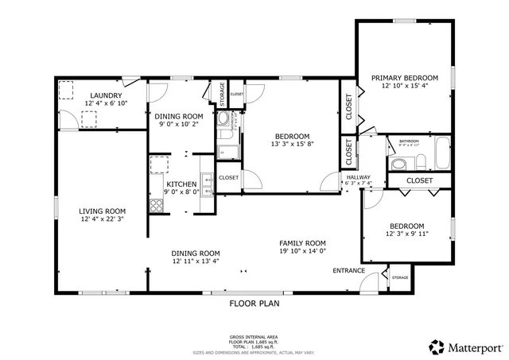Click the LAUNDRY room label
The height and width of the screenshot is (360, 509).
105,95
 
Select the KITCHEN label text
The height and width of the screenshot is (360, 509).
181,184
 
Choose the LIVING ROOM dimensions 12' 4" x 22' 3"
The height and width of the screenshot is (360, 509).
101,219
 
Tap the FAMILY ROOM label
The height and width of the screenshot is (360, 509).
302,243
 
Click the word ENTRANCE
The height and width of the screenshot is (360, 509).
348,271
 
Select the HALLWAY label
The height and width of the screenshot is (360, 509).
358,176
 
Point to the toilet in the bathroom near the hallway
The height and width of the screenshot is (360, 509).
400,164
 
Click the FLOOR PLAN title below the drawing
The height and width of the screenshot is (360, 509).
254,303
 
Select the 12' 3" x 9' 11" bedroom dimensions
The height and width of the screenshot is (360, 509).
406,234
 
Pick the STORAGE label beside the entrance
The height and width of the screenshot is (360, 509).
399,277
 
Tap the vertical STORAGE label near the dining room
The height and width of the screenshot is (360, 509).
223,92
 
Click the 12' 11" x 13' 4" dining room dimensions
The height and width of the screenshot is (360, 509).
196,261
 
